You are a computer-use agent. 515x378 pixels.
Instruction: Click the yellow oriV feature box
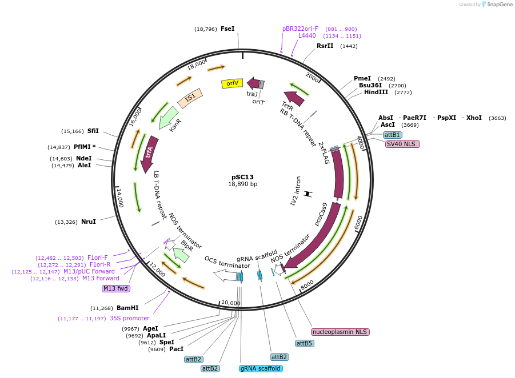click(232, 83)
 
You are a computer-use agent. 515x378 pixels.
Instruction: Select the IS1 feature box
click(190, 98)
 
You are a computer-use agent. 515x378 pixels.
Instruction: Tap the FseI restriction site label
click(227, 29)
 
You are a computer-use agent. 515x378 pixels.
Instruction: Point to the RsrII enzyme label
click(325, 46)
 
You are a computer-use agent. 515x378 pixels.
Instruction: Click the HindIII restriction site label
click(376, 92)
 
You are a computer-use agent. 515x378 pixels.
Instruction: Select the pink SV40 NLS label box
click(402, 144)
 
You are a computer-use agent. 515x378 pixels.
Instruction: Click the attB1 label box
click(392, 135)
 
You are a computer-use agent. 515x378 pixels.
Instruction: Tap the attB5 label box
click(304, 343)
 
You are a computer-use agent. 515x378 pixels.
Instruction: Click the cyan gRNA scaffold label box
click(261, 368)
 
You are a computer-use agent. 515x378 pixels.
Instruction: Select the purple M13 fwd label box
click(116, 288)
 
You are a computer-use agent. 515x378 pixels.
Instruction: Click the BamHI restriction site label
click(127, 308)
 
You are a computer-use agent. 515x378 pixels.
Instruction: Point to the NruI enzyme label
click(89, 222)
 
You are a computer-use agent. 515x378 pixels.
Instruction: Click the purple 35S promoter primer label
click(129, 318)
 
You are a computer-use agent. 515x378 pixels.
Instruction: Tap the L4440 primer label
click(307, 35)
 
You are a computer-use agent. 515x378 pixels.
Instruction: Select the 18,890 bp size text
click(242, 184)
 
